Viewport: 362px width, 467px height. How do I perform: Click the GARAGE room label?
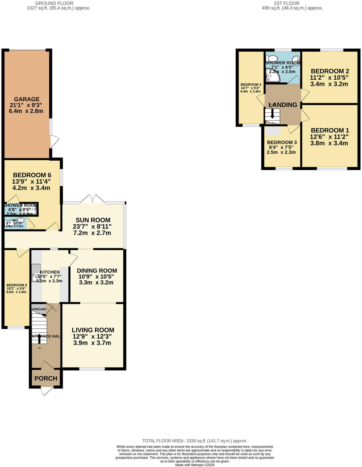click(27, 99)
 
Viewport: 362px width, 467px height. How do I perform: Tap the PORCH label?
click(46, 379)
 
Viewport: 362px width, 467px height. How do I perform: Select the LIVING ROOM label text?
click(93, 330)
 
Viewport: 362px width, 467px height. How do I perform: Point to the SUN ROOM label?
click(93, 220)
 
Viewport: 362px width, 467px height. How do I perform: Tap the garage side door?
click(55, 142)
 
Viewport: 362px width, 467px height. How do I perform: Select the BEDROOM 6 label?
click(32, 175)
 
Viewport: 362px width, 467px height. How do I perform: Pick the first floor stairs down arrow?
click(272, 114)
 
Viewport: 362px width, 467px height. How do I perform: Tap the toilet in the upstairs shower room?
click(272, 58)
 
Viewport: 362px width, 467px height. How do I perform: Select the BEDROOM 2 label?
click(330, 71)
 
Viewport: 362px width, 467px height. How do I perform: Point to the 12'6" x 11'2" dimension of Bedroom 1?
click(329, 137)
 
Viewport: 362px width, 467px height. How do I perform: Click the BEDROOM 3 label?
click(282, 142)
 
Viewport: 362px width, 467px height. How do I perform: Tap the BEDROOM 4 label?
click(251, 85)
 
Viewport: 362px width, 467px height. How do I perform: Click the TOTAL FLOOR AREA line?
click(194, 441)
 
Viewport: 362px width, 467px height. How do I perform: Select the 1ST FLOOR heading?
click(286, 3)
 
